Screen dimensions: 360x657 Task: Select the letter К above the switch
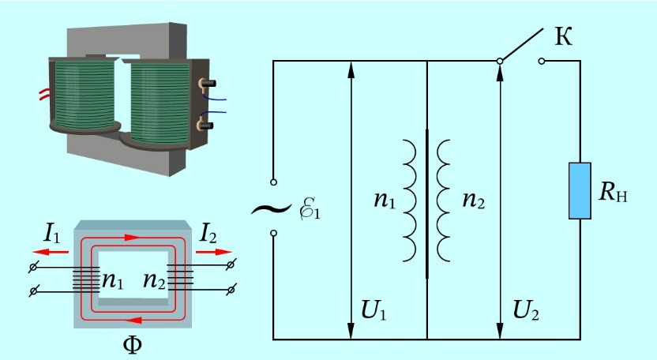tap(563, 36)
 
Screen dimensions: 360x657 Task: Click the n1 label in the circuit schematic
tap(385, 201)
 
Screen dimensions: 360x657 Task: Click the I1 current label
tap(51, 234)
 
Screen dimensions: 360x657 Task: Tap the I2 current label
tap(209, 234)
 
